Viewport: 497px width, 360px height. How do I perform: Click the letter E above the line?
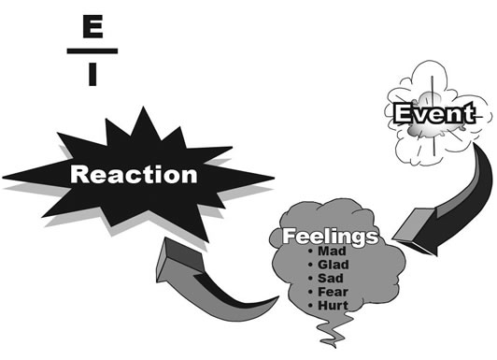click(x=92, y=29)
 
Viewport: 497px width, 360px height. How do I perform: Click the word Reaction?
click(x=135, y=174)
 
